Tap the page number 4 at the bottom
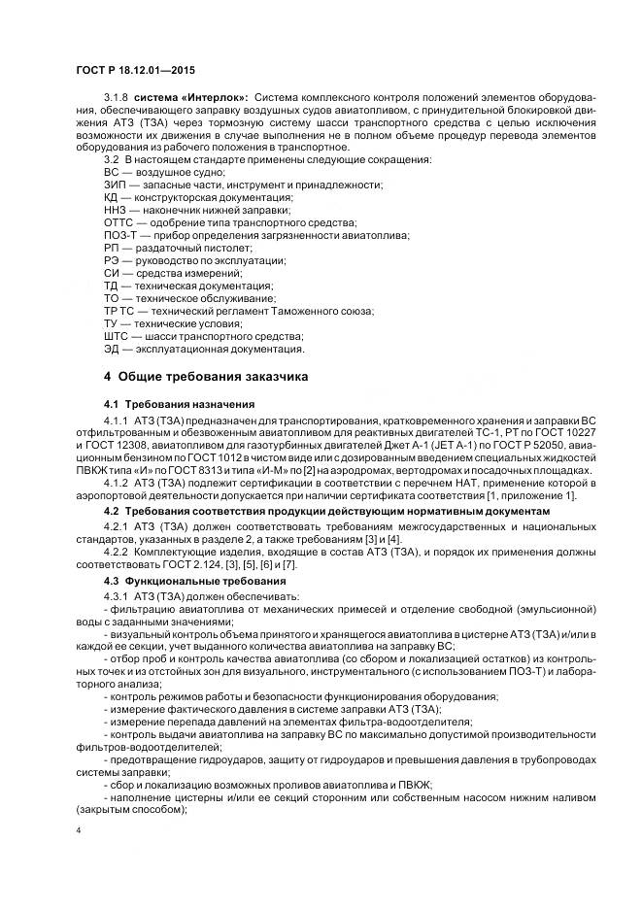click(79, 831)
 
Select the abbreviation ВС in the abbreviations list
click(112, 172)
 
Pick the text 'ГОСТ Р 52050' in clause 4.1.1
click(492, 443)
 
